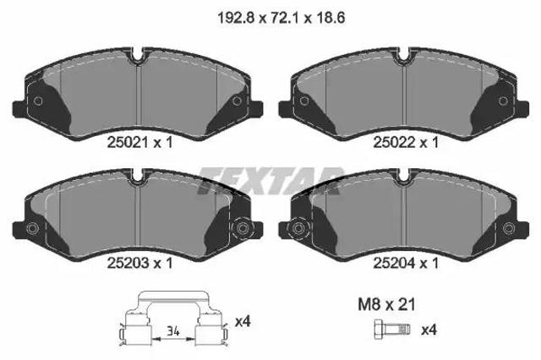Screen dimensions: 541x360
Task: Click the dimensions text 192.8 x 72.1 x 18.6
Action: (x=281, y=17)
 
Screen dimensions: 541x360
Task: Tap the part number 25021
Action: (x=128, y=142)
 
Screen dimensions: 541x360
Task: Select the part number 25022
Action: (x=394, y=142)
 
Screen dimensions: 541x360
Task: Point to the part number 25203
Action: (x=128, y=264)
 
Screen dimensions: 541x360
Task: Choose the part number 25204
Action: (x=394, y=264)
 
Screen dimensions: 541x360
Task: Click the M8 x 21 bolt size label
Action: (x=386, y=304)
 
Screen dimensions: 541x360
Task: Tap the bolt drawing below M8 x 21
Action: (x=392, y=330)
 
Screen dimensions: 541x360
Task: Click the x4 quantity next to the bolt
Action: (x=429, y=330)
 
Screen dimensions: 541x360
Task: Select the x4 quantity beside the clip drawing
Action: (x=243, y=322)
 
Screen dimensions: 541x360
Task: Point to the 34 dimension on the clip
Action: (x=173, y=332)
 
